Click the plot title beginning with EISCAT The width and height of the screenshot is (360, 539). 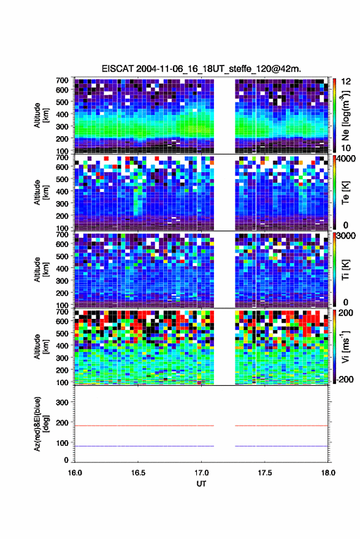pos(201,69)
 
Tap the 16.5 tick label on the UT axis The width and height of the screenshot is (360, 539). pos(138,473)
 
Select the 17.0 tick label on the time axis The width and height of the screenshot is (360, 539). pos(201,473)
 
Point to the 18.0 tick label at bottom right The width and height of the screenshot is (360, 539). pos(328,473)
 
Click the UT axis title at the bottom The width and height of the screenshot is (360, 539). pos(201,484)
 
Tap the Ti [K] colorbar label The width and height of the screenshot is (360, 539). pos(345,270)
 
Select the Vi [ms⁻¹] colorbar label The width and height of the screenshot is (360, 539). pos(345,346)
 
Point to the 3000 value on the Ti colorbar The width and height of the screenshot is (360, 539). pos(347,236)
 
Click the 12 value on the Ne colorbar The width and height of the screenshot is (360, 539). pos(346,82)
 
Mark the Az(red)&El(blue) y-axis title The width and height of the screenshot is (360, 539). pos(41,424)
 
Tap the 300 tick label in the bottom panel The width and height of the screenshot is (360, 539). pos(62,402)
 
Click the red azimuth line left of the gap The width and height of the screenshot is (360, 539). pos(144,426)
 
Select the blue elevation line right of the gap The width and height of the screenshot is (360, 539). pos(281,446)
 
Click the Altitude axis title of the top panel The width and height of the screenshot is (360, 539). pos(41,115)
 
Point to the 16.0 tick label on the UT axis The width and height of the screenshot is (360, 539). pos(75,473)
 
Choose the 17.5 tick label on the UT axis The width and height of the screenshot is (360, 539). pos(264,473)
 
